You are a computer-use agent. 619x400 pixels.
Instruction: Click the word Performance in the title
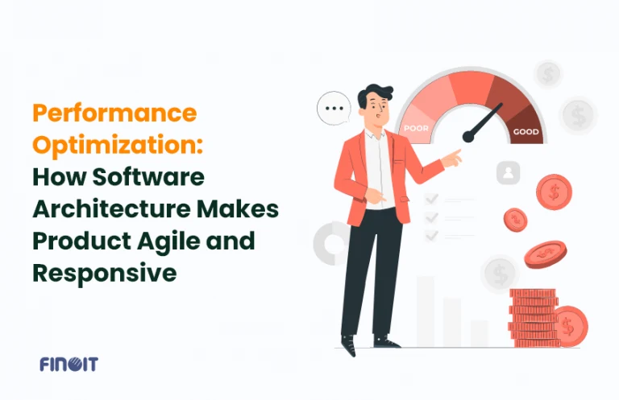tap(114, 113)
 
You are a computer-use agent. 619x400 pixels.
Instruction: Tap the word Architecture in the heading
tap(107, 208)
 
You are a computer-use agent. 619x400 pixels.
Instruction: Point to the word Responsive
tap(104, 273)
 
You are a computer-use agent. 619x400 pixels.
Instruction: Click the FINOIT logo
tap(69, 365)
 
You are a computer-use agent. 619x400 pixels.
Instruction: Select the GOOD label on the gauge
tap(525, 132)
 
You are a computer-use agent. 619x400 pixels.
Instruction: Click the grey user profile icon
tap(508, 173)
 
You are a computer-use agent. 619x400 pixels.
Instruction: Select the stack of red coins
tap(533, 317)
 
